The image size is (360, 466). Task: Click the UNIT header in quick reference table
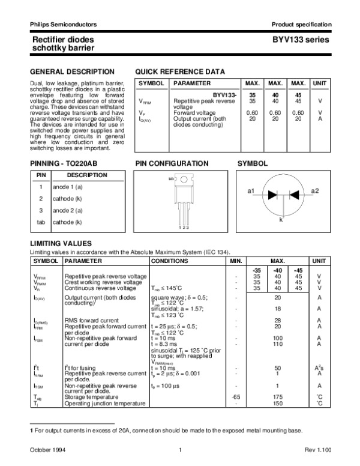pos(320,83)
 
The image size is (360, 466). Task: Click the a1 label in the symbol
pos(252,190)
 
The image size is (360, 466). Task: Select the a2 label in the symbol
pos(315,190)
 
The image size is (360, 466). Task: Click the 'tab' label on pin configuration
pos(171,179)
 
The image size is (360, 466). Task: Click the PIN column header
pos(41,175)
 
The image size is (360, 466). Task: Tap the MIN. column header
pos(236,261)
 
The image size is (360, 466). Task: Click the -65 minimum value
pos(236,397)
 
